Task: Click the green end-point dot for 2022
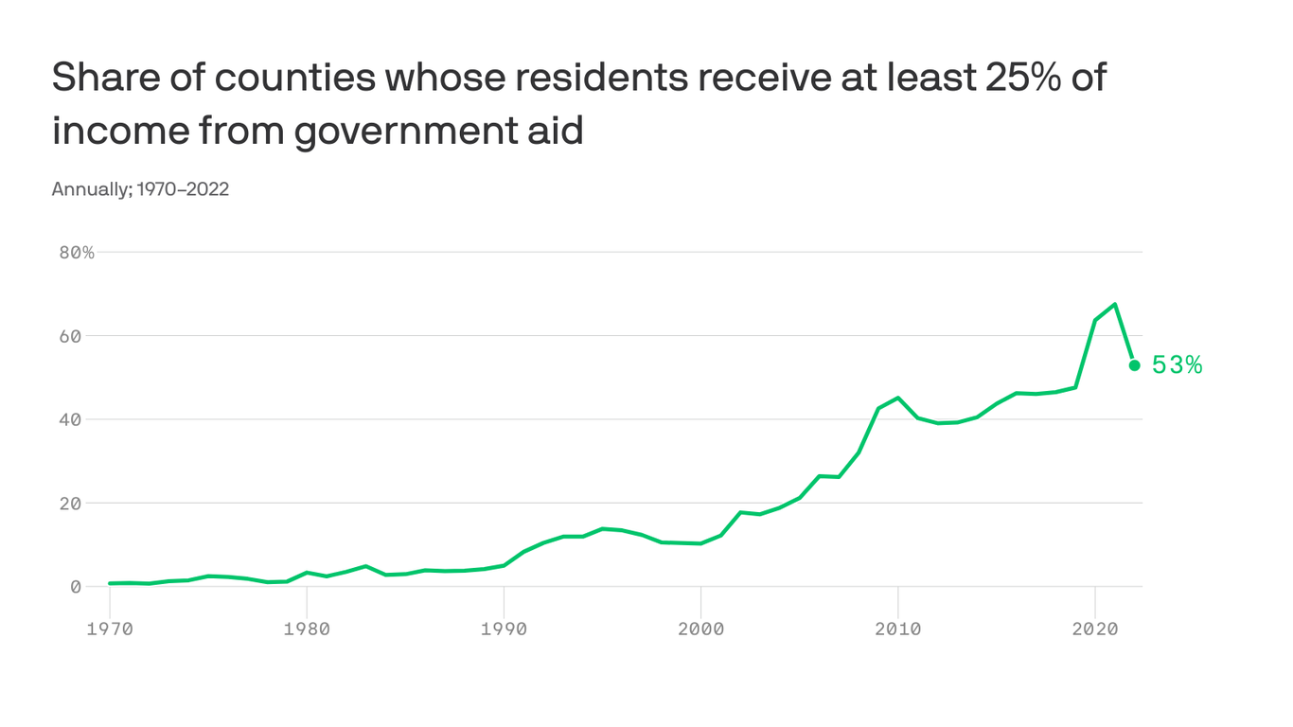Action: click(1134, 365)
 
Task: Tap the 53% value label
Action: click(1177, 365)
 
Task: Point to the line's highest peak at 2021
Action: click(1115, 304)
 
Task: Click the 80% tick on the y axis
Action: click(76, 253)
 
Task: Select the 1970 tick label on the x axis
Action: click(110, 629)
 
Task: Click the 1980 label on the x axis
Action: click(307, 629)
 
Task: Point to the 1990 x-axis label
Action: click(504, 629)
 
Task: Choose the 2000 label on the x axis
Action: click(700, 629)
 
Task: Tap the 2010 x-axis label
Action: click(897, 629)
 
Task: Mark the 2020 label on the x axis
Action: click(1095, 629)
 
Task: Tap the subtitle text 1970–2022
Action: click(183, 189)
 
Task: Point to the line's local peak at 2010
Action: click(897, 398)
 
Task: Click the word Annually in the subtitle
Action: click(91, 189)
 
